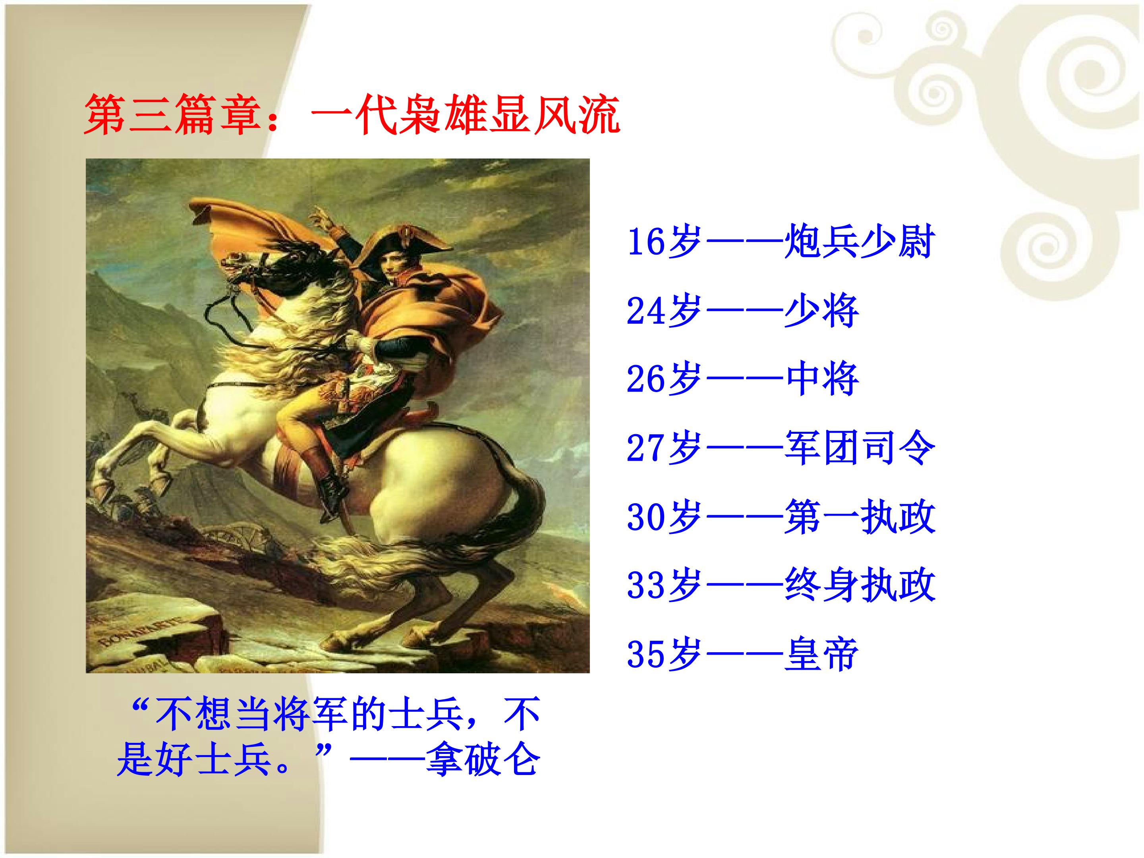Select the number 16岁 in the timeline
click(663, 242)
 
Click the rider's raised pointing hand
click(321, 216)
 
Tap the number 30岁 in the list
click(663, 517)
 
